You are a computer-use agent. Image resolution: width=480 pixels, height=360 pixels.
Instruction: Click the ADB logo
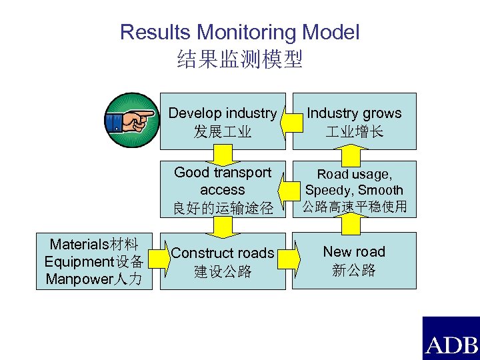[x=451, y=338]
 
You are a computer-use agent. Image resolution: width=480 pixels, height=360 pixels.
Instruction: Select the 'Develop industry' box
[x=222, y=121]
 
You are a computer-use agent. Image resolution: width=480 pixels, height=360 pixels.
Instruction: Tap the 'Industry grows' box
[x=354, y=121]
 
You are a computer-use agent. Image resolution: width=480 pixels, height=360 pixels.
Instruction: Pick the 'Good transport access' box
[x=222, y=190]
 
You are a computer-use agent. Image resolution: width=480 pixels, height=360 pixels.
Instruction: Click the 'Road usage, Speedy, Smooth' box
[x=354, y=190]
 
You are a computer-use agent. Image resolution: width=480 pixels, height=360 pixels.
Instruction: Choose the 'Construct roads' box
[x=222, y=261]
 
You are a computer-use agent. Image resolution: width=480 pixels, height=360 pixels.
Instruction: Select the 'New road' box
[x=354, y=261]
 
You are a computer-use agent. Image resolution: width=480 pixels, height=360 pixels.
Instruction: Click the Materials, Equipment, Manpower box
[x=94, y=261]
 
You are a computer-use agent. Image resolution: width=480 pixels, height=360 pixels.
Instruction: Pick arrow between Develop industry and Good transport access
[x=222, y=155]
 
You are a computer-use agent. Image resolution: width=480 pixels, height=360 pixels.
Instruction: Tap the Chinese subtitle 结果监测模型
[x=240, y=60]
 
